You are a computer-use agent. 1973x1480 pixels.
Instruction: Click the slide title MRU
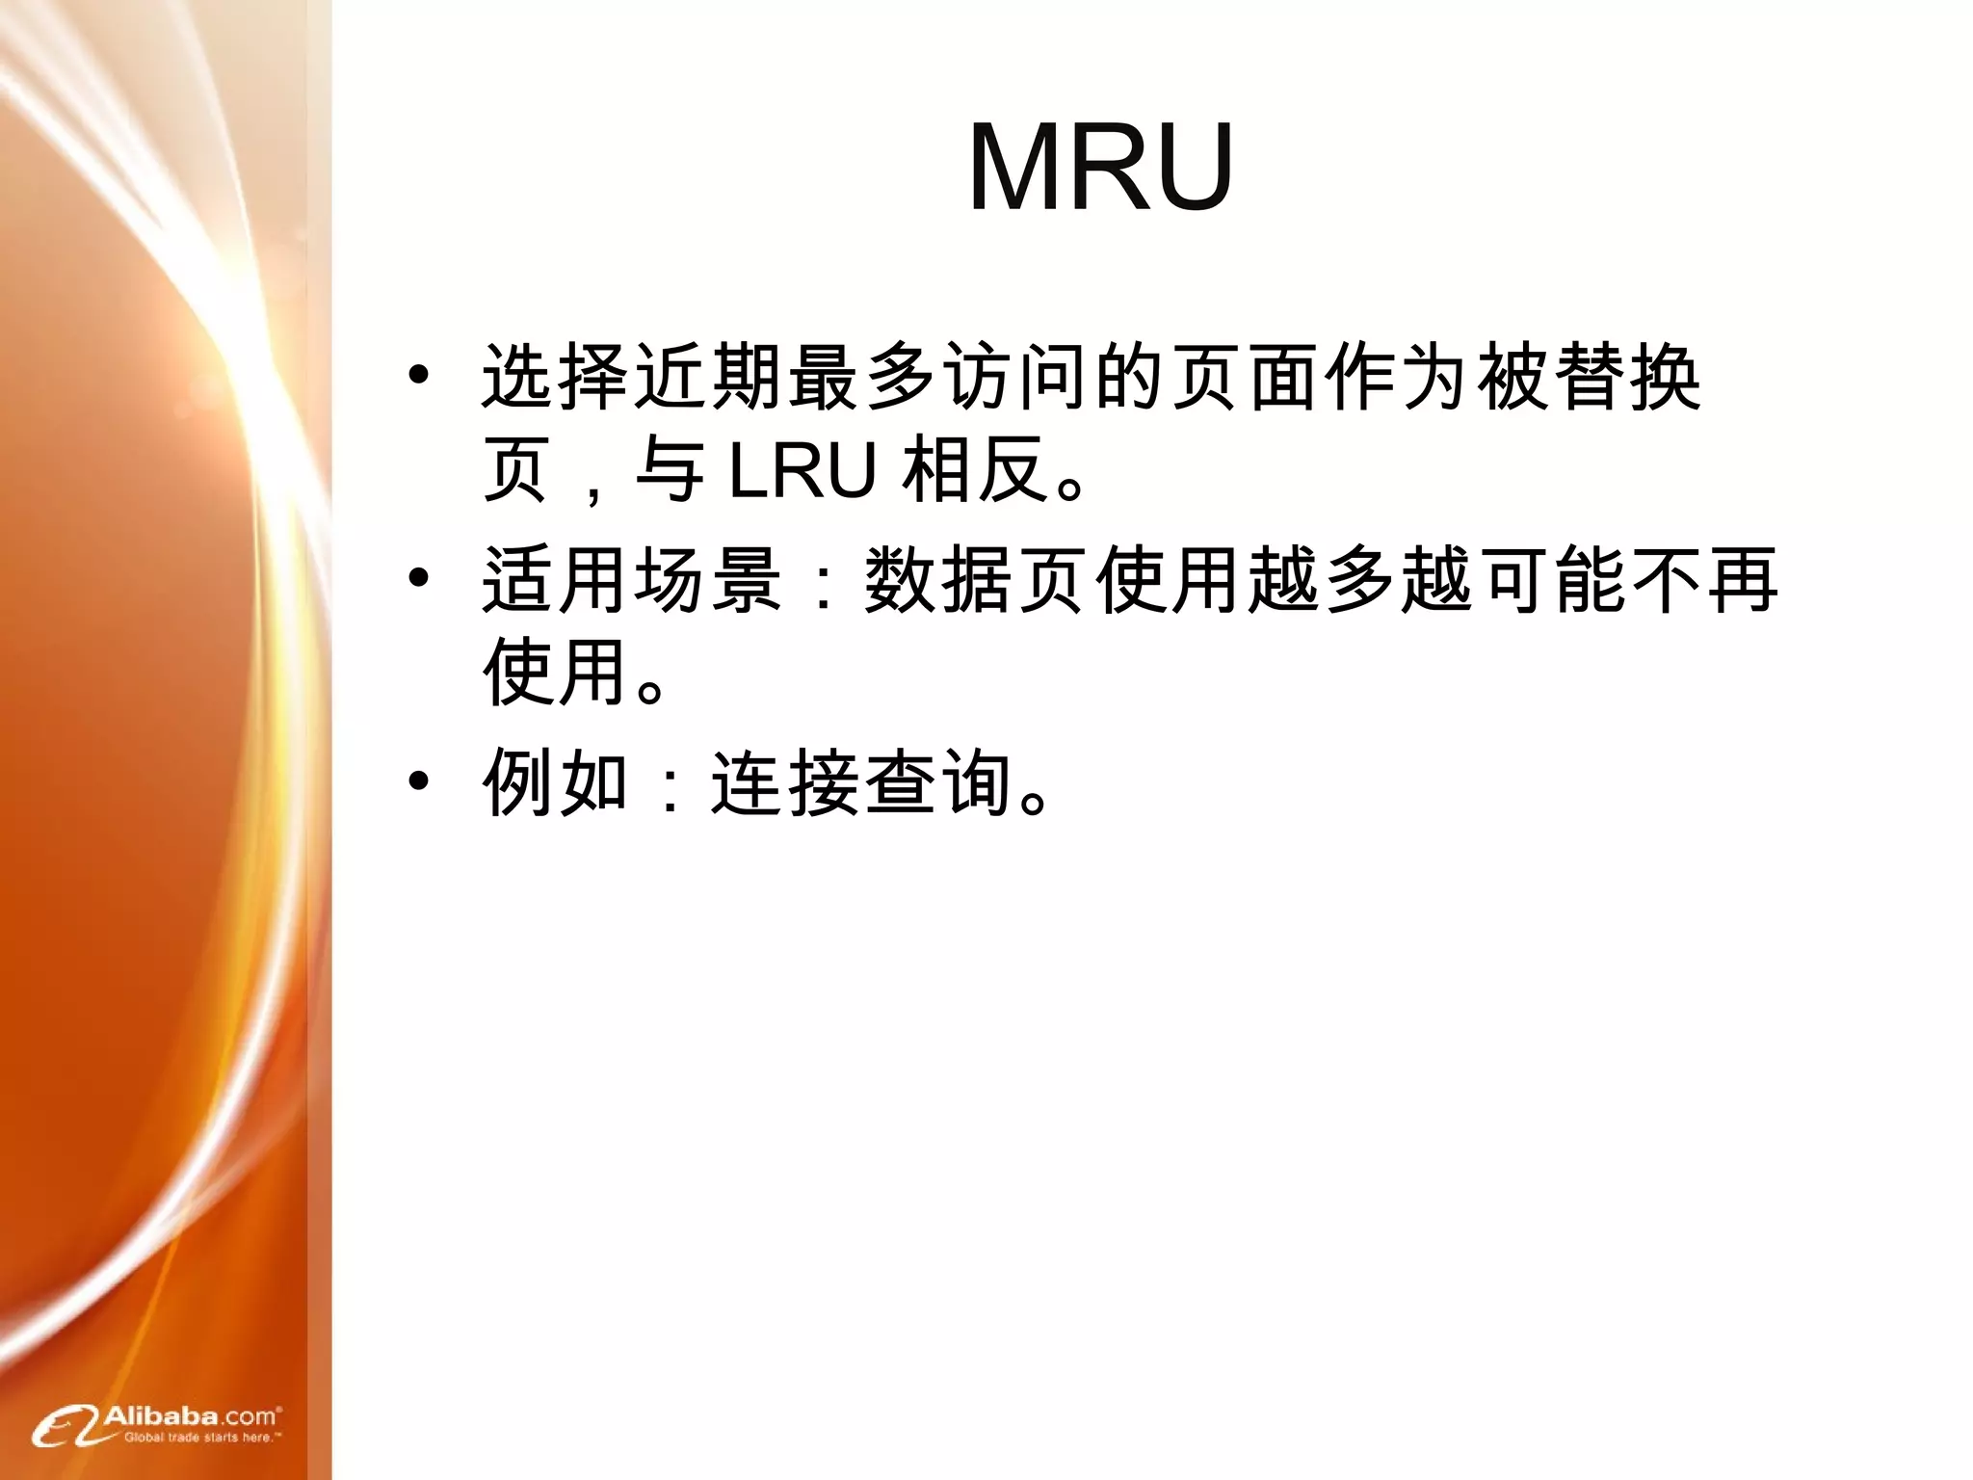[1100, 167]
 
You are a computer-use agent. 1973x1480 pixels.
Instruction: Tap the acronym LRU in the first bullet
[802, 470]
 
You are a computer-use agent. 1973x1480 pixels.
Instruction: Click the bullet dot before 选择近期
[418, 376]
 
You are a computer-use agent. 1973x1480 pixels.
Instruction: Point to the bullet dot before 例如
[418, 781]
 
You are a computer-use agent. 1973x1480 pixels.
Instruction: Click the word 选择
[557, 377]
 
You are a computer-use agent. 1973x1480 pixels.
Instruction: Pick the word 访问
[1015, 377]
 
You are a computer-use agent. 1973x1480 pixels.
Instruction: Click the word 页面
[1245, 377]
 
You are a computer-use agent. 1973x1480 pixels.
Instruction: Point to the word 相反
[975, 470]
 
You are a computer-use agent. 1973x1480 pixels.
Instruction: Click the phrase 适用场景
[632, 580]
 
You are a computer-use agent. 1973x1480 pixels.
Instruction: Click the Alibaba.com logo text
[191, 1416]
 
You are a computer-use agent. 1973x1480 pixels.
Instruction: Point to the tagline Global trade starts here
[202, 1438]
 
